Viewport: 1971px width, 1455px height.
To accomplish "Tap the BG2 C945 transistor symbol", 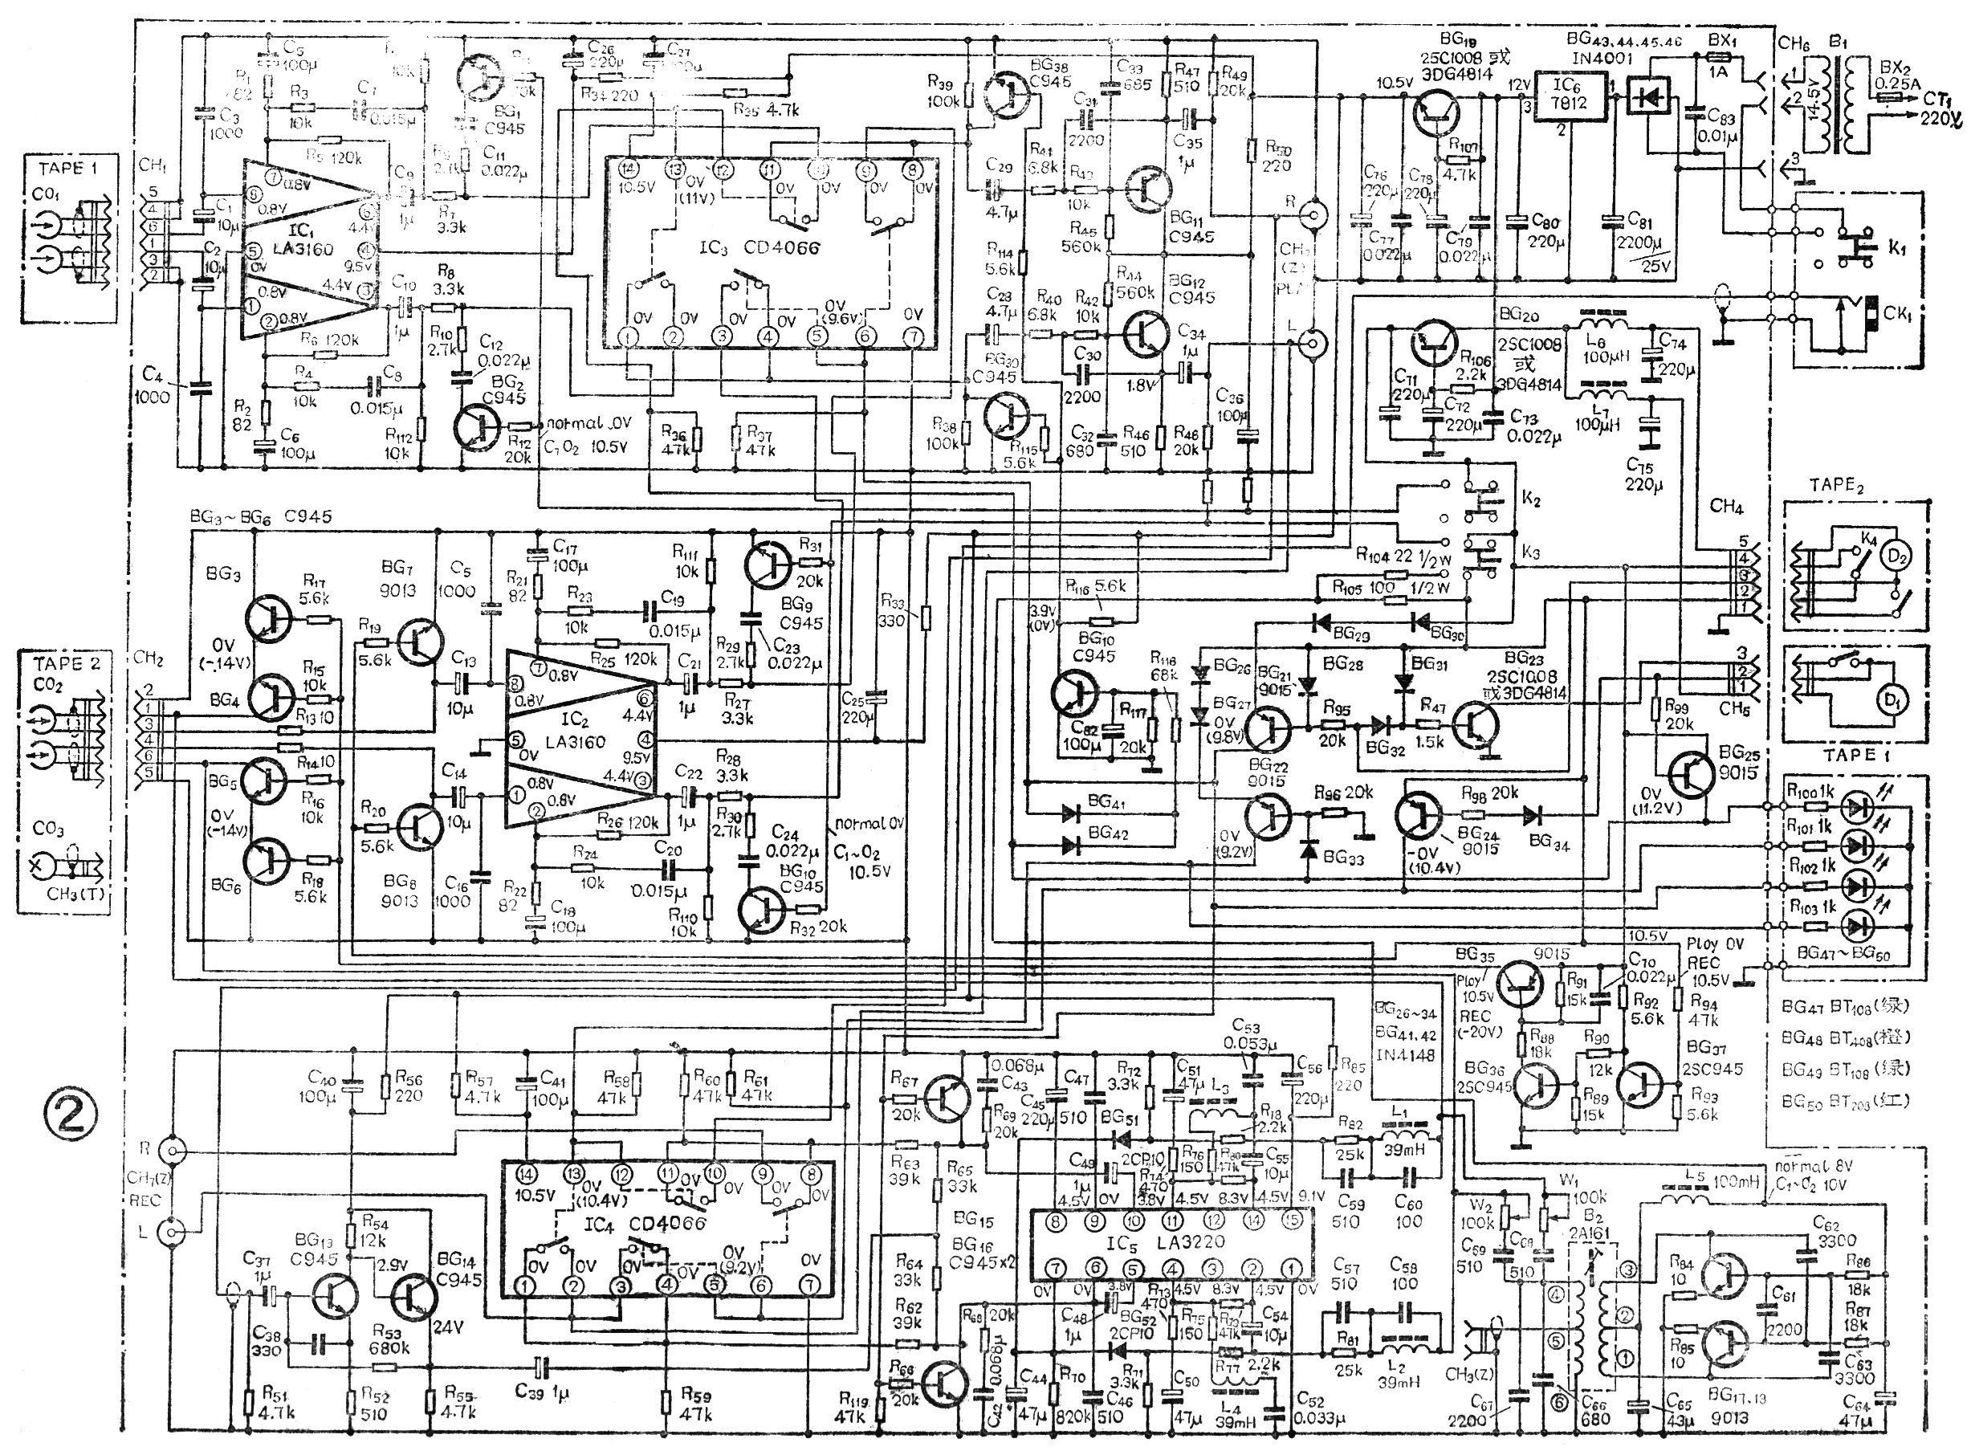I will pos(478,427).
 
